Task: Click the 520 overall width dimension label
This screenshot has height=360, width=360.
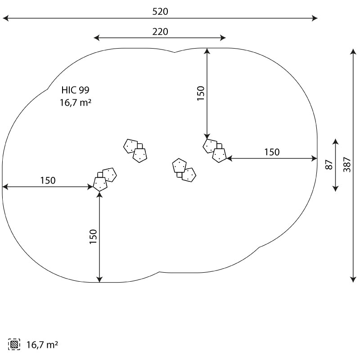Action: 160,12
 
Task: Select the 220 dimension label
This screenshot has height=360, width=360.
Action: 160,31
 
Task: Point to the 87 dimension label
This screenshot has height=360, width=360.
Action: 329,165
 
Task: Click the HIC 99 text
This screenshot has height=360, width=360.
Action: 75,90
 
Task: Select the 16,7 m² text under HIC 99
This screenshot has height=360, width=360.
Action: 76,103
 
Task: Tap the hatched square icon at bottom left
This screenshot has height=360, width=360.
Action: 14,344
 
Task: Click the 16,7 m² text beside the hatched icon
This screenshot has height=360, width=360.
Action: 42,345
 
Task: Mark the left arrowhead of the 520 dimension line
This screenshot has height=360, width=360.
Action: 5,18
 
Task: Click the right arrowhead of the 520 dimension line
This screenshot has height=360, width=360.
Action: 315,18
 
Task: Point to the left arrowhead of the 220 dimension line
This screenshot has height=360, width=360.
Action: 97,38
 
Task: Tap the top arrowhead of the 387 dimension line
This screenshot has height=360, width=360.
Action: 353,51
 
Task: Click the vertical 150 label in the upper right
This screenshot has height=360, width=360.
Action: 201,93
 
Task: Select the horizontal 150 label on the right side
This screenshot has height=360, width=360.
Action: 272,152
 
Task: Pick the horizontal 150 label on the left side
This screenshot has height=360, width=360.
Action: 48,180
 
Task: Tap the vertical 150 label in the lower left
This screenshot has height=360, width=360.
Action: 94,237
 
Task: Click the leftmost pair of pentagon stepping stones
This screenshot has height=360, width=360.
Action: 105,180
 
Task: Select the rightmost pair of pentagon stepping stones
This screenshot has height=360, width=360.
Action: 215,151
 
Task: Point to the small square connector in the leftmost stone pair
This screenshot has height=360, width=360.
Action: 100,175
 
